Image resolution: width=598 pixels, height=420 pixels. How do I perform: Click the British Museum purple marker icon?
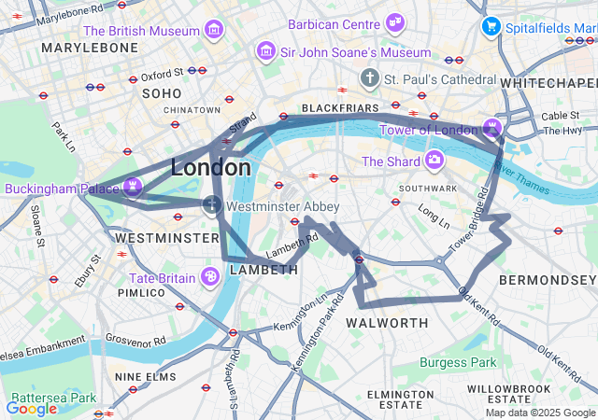click(216, 31)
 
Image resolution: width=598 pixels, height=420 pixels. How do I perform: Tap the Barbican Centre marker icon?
click(395, 22)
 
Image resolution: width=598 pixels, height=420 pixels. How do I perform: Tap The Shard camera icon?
click(434, 161)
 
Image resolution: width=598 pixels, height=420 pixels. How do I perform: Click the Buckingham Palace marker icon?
click(133, 188)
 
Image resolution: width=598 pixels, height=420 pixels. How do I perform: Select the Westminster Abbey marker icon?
click(212, 205)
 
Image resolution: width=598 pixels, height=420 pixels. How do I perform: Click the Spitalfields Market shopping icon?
click(491, 28)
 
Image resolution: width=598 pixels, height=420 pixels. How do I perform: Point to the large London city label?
click(211, 168)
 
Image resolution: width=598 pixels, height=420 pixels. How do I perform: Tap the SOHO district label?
click(162, 93)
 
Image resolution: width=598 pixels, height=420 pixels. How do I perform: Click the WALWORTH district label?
click(387, 323)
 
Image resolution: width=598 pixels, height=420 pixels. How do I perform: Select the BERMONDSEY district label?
click(547, 280)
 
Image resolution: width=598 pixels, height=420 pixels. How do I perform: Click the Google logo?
click(31, 408)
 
